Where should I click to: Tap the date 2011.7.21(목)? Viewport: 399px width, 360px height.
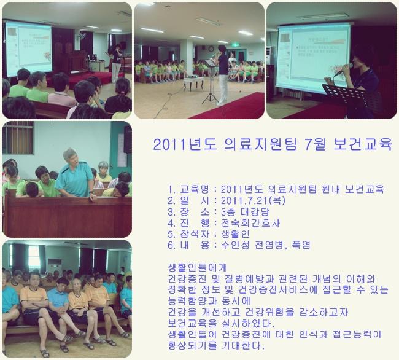click(x=253, y=201)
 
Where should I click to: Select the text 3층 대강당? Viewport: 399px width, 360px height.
click(x=245, y=212)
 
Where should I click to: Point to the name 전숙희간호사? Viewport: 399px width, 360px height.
click(x=250, y=223)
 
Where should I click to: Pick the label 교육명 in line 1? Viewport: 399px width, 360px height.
click(x=195, y=189)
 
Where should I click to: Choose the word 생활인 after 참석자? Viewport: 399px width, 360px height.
click(x=235, y=234)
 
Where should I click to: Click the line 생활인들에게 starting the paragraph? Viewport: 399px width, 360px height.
click(x=197, y=268)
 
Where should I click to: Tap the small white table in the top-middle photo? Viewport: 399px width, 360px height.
click(x=193, y=84)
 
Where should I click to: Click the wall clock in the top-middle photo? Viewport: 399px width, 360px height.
click(x=211, y=49)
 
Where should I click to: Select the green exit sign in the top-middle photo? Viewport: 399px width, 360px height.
click(x=235, y=45)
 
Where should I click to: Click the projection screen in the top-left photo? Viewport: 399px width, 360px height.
click(x=28, y=49)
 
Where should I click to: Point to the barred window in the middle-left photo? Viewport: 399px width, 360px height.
click(x=18, y=138)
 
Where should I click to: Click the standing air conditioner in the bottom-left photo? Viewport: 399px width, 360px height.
click(x=54, y=269)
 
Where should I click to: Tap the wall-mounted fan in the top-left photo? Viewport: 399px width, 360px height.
click(x=82, y=36)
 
